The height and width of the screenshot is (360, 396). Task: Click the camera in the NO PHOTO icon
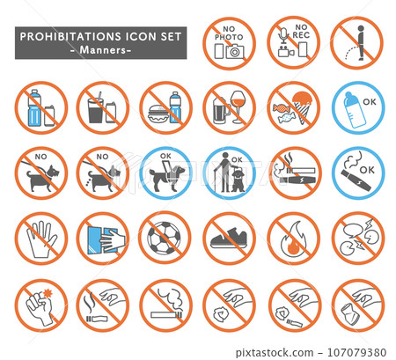(235, 52)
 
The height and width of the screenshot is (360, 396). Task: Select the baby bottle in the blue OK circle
(354, 110)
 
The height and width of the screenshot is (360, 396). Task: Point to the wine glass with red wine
(241, 107)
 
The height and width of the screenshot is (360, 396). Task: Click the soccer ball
(165, 238)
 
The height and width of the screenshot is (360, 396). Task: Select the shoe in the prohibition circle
(229, 238)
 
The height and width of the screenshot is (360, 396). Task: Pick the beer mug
(220, 111)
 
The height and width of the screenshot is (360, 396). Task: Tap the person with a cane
(224, 173)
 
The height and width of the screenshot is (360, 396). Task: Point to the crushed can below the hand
(350, 312)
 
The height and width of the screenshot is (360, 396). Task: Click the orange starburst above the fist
(48, 293)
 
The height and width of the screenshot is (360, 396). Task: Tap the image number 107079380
(356, 352)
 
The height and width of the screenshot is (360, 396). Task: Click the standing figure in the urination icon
(361, 43)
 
